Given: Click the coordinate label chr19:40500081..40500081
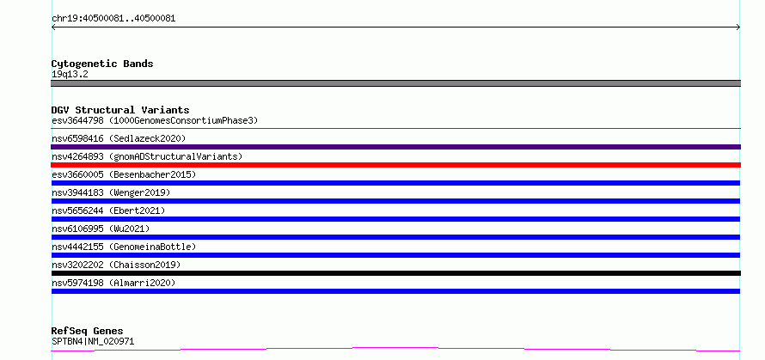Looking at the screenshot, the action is pyautogui.click(x=113, y=19).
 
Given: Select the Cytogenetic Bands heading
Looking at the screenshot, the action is pyautogui.click(x=102, y=64).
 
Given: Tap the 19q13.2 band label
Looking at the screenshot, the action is pyautogui.click(x=70, y=75).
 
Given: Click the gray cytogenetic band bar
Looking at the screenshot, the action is pyautogui.click(x=395, y=83).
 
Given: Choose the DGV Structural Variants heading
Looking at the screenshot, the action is pyautogui.click(x=120, y=110).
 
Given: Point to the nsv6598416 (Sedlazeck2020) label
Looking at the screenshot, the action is pyautogui.click(x=119, y=138).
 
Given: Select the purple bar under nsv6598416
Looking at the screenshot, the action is pyautogui.click(x=395, y=147).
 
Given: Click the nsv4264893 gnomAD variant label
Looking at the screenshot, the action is pyautogui.click(x=147, y=156).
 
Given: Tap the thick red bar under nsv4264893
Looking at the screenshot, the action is pyautogui.click(x=395, y=165).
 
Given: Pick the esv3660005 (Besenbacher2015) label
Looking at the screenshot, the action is pyautogui.click(x=124, y=174).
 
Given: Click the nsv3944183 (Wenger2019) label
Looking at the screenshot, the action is pyautogui.click(x=111, y=192).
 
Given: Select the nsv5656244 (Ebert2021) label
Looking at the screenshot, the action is pyautogui.click(x=108, y=211).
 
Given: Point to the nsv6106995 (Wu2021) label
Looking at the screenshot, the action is pyautogui.click(x=101, y=229).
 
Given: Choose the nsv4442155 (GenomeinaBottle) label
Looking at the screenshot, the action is pyautogui.click(x=124, y=247).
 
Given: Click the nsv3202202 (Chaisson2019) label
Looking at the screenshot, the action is pyautogui.click(x=116, y=265).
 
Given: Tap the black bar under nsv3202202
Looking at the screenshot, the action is pyautogui.click(x=395, y=273).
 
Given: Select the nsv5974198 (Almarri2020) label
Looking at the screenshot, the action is pyautogui.click(x=113, y=283).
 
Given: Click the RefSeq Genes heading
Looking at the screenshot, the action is pyautogui.click(x=87, y=332).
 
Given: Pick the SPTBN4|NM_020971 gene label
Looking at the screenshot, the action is pyautogui.click(x=93, y=341).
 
